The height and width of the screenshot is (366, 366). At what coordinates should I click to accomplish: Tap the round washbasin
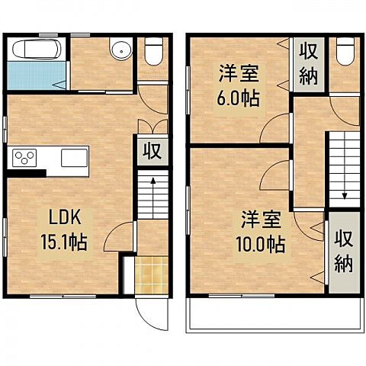[x=118, y=51]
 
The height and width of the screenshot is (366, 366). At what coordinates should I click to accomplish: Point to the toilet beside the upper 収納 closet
[x=344, y=52]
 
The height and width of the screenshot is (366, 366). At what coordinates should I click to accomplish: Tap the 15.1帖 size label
[x=63, y=242]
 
